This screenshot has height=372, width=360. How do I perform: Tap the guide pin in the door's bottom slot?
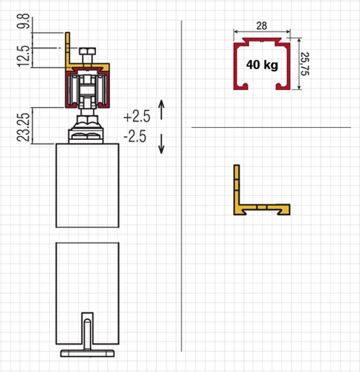point(88,327)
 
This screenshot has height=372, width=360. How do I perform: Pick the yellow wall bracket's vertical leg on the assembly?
point(69,48)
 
